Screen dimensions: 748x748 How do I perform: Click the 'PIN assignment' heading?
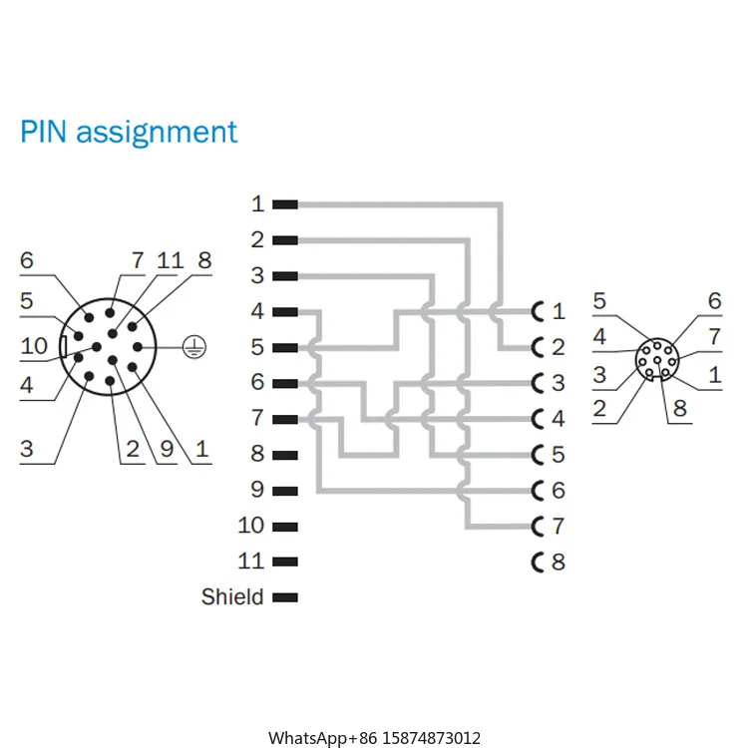130,132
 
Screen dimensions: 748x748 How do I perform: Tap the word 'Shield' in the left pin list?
232,597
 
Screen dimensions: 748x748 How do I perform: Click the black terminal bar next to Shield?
285,597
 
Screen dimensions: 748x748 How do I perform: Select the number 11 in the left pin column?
251,561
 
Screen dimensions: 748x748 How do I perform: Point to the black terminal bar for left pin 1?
285,204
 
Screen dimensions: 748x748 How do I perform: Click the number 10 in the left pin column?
251,526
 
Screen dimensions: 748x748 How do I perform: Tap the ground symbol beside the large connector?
196,346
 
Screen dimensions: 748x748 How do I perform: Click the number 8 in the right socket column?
559,561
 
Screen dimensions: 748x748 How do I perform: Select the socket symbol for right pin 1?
540,312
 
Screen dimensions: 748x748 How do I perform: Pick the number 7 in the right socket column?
559,526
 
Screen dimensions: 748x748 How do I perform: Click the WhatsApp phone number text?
374,738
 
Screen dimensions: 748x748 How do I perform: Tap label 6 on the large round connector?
26,261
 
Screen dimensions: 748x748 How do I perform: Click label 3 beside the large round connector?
26,449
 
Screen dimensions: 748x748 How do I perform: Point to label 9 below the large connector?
168,449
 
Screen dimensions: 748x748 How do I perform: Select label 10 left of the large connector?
34,346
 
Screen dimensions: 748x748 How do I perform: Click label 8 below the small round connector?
679,408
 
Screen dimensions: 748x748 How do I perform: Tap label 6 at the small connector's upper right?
714,301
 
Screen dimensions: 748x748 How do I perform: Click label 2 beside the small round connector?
599,407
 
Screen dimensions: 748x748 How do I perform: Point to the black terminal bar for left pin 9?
285,490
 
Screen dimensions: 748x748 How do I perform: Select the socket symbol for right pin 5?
540,455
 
